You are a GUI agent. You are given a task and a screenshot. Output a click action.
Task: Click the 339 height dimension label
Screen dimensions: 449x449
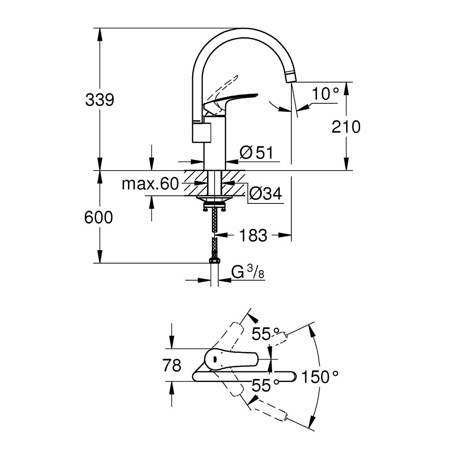(100, 100)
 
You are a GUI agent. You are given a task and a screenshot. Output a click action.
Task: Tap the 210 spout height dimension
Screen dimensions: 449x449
(346, 127)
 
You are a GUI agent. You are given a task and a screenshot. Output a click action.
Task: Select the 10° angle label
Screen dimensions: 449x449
(326, 94)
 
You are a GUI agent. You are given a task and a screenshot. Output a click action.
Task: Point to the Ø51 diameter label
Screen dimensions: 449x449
(256, 153)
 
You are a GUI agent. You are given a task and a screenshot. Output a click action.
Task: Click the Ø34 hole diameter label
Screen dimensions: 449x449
(265, 194)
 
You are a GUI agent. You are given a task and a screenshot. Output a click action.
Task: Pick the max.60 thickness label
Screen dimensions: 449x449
(150, 184)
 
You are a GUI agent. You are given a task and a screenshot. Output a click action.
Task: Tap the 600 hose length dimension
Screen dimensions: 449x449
(98, 218)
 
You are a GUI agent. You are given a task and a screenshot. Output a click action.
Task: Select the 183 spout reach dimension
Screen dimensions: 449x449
(253, 235)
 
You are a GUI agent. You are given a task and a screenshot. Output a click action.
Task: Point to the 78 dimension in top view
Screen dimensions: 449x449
(172, 365)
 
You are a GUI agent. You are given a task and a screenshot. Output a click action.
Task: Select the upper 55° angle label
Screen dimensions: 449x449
(263, 334)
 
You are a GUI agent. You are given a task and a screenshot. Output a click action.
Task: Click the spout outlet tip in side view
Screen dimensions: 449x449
(291, 77)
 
